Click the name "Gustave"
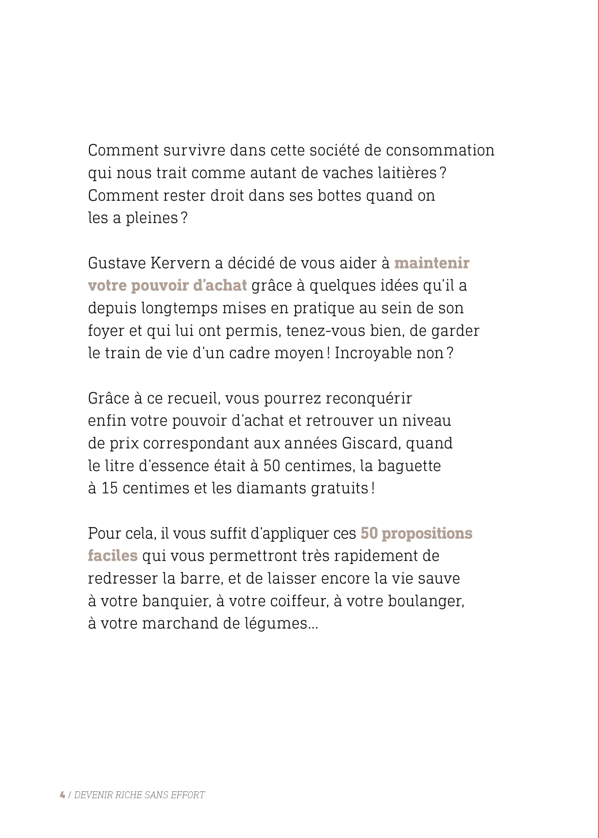click(x=117, y=264)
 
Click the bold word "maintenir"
click(x=431, y=264)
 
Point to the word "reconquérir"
click(x=368, y=399)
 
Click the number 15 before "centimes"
click(x=110, y=488)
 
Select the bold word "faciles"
click(x=113, y=556)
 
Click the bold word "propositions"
click(x=427, y=534)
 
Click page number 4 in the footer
click(x=62, y=795)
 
